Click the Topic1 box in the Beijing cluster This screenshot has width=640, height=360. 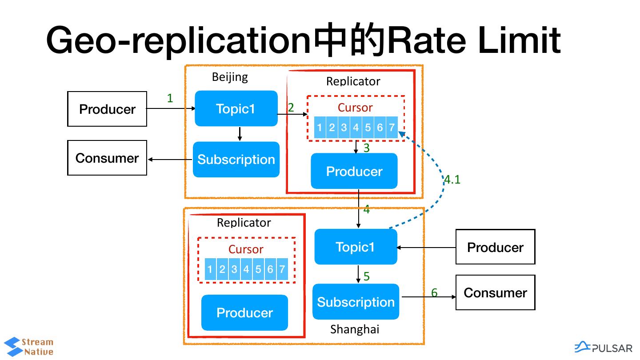[x=236, y=108]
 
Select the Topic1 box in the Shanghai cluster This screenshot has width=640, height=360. [x=356, y=247]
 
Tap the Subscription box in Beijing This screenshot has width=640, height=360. [x=236, y=160]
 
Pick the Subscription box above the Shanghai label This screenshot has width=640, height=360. [x=356, y=302]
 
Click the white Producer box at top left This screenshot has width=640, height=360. [x=107, y=109]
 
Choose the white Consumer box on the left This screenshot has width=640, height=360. [x=107, y=158]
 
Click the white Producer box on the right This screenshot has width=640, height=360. [x=495, y=247]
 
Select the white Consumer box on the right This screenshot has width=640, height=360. [x=495, y=292]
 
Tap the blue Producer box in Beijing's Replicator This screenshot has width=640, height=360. [x=354, y=171]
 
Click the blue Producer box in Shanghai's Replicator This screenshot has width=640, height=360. [x=244, y=312]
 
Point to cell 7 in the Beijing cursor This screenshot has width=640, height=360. [x=392, y=128]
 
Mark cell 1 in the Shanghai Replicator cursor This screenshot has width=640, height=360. [x=210, y=269]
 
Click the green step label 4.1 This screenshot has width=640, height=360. [x=452, y=180]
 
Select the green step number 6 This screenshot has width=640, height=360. [x=434, y=292]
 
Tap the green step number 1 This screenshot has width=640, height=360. [x=170, y=98]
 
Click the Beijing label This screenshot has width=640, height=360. [x=230, y=77]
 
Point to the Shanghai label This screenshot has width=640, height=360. [x=355, y=329]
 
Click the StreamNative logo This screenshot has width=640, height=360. [x=29, y=347]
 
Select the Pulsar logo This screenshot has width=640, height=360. [x=603, y=347]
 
